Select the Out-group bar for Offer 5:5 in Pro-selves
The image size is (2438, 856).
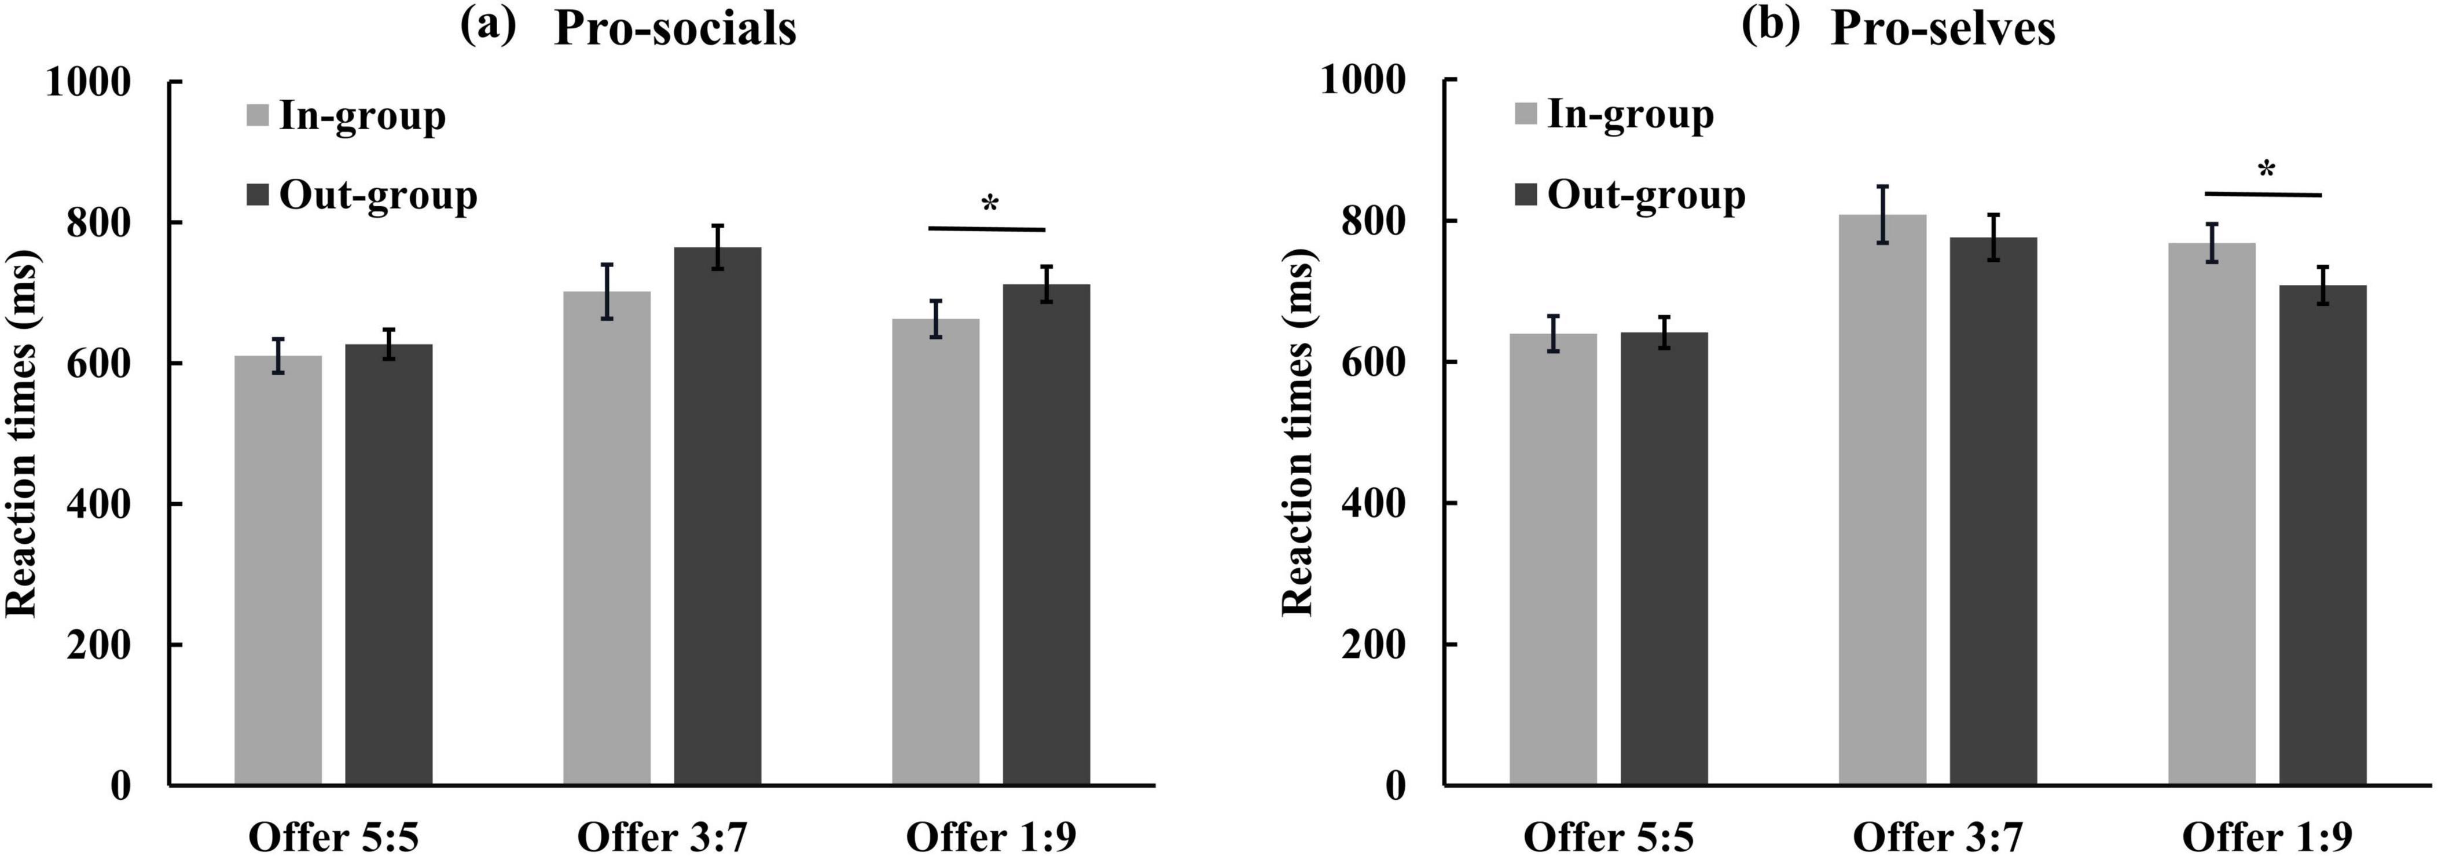1664,559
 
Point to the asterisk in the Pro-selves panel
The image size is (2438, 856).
2266,170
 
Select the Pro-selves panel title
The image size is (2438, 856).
1943,28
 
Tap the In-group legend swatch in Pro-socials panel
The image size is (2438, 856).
258,115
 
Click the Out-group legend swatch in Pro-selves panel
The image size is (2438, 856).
1526,196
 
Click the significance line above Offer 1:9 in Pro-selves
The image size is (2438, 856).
2263,194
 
